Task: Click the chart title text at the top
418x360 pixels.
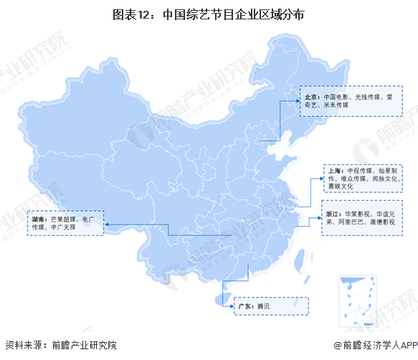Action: (x=209, y=13)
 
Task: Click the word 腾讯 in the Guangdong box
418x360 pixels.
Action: (x=263, y=306)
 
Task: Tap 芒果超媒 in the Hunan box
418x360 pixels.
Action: (x=62, y=217)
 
